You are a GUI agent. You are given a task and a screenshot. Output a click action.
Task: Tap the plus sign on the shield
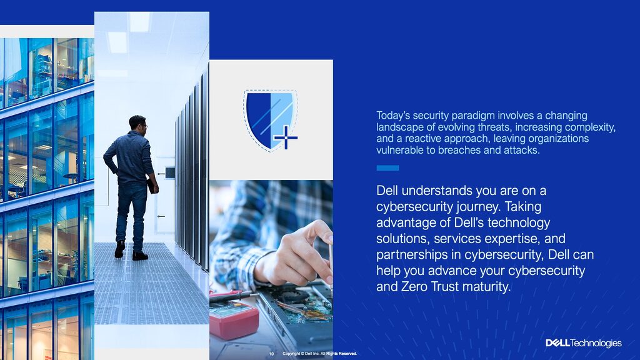tap(286, 137)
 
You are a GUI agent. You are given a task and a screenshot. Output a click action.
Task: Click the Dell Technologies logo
tap(584, 343)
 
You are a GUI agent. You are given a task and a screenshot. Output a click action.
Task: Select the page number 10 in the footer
tap(271, 354)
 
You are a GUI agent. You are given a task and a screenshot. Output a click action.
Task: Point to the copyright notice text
tap(319, 354)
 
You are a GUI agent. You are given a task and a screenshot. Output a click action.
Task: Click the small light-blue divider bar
tap(387, 167)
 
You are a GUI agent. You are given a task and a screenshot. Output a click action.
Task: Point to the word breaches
tap(459, 150)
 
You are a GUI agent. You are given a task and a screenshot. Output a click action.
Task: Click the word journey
tap(478, 207)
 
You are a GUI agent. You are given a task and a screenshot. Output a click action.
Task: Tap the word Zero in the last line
tap(414, 286)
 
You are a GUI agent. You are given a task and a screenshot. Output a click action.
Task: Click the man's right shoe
tap(140, 256)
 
